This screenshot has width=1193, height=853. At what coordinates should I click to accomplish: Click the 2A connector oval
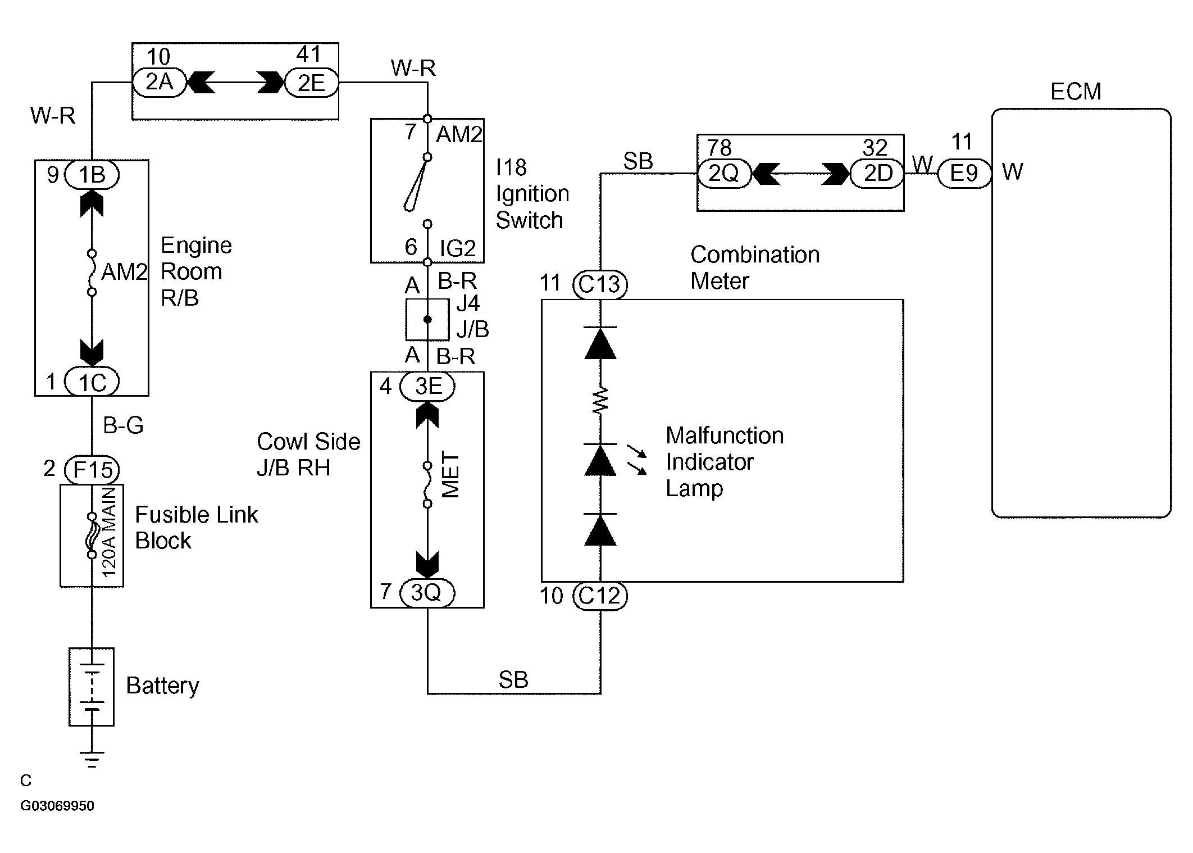[x=159, y=83]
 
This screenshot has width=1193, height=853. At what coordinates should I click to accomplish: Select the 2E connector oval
[x=312, y=83]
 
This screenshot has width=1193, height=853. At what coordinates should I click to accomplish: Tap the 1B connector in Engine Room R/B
[x=92, y=175]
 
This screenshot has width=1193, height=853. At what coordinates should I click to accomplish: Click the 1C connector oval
[x=92, y=382]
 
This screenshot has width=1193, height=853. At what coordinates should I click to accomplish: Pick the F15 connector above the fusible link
[x=92, y=469]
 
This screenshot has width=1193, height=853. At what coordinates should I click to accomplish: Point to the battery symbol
[x=92, y=687]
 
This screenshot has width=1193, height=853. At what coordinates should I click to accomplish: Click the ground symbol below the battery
[x=92, y=759]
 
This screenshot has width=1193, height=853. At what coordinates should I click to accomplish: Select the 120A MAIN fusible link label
[x=109, y=532]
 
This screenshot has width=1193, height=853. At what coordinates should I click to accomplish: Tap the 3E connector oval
[x=427, y=387]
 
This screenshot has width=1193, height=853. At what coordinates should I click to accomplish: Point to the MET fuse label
[x=451, y=475]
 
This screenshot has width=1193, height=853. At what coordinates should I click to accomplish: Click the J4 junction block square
[x=427, y=320]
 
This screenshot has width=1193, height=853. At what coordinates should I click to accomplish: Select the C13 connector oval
[x=600, y=284]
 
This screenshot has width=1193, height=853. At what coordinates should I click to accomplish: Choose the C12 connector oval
[x=600, y=596]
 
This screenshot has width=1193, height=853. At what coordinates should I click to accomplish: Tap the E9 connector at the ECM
[x=964, y=174]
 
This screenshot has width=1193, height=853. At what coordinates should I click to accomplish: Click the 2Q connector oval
[x=724, y=174]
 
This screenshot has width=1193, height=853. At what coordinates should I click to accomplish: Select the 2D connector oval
[x=878, y=174]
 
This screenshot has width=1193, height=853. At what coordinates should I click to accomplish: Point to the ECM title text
[x=1076, y=92]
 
